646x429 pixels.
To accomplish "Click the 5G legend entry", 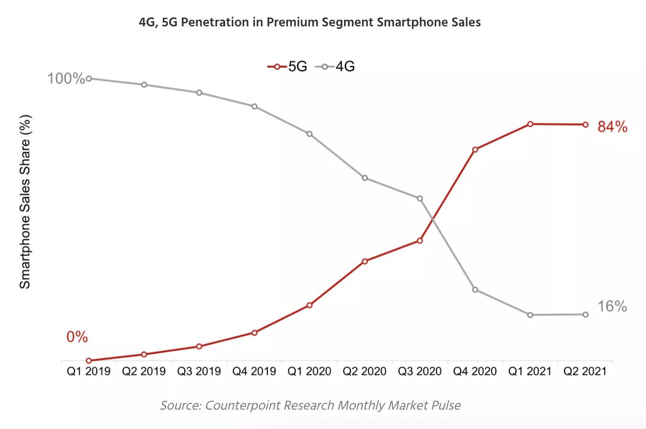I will (287, 67).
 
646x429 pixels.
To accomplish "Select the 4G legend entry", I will (335, 67).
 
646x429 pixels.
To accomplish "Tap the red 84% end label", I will (612, 127).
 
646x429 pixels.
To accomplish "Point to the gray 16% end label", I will (612, 306).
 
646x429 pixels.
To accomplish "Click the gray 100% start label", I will (66, 79).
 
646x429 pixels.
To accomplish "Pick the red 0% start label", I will (77, 337).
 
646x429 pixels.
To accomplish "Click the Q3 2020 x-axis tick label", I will (420, 371).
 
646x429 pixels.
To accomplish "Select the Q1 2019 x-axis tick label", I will (89, 371).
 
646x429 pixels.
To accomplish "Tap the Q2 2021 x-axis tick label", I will (585, 371).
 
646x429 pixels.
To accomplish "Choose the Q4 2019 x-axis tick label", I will (254, 371).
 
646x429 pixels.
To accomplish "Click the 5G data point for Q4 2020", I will (475, 149).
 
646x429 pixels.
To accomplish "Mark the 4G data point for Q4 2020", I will (475, 290).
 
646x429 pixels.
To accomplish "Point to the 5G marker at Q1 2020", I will (309, 305).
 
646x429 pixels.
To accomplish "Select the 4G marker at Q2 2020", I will (365, 178).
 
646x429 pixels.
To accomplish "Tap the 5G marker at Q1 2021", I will (530, 124).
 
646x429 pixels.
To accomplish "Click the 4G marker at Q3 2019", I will (199, 93).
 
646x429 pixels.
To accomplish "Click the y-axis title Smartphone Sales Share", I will (25, 202).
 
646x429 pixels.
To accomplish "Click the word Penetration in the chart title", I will (214, 22).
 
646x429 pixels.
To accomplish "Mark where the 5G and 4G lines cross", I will (432, 218).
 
